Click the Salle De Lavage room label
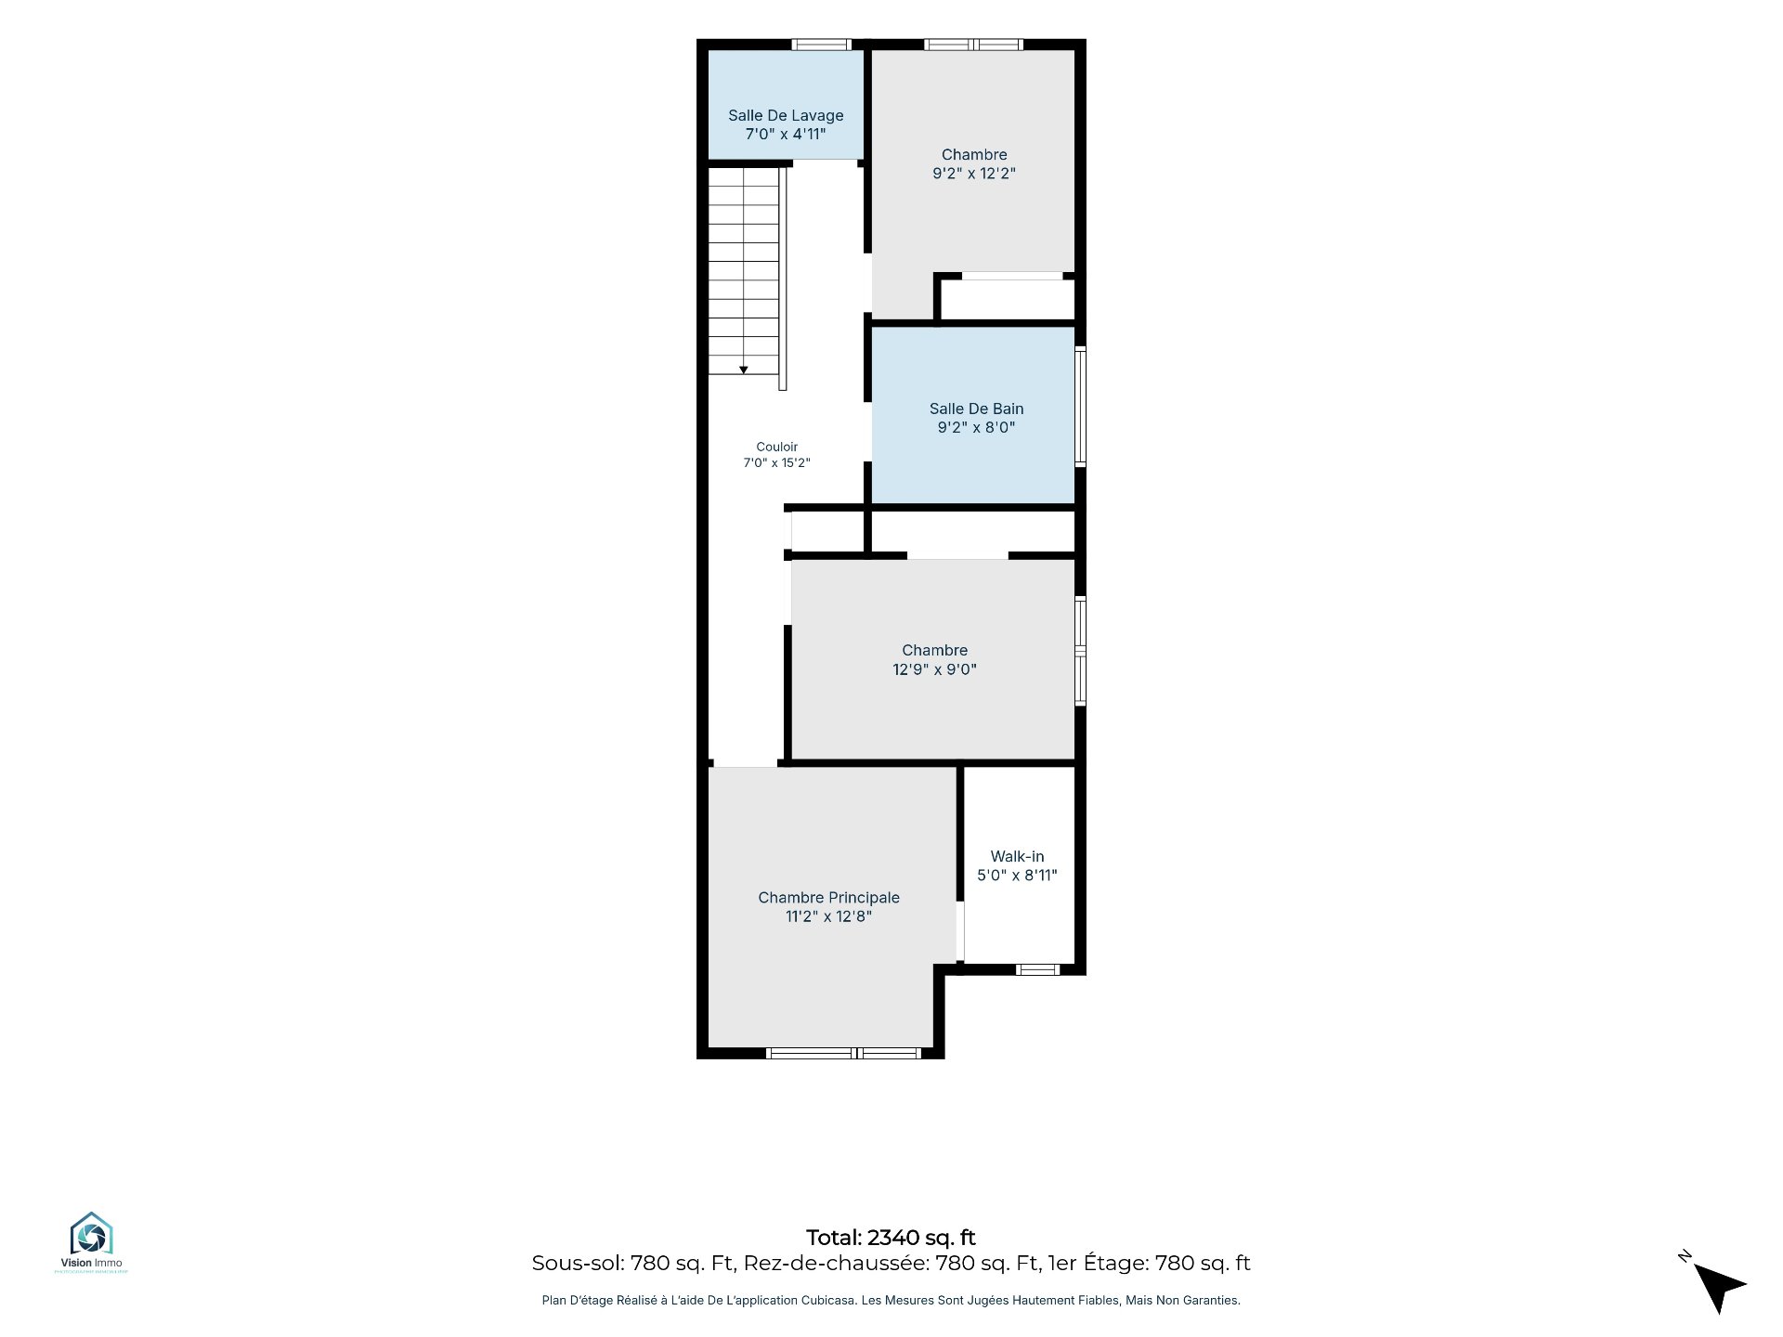coord(786,115)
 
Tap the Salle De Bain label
coord(976,409)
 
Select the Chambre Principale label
coord(828,898)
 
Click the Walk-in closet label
coord(1017,856)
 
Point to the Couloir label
coord(776,447)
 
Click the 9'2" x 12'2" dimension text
coord(974,174)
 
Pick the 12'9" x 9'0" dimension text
coord(934,669)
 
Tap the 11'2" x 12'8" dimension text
coord(828,916)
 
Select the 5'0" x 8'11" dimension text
coord(1017,875)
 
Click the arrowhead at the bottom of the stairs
coord(743,370)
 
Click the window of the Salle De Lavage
coord(821,45)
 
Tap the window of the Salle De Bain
coord(1080,406)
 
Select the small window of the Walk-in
coord(1037,969)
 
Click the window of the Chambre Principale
coord(843,1053)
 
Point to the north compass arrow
coord(1719,1287)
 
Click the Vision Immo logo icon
coord(91,1234)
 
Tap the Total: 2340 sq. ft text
coord(891,1238)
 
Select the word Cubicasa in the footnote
coord(829,1301)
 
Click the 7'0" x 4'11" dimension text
coord(786,135)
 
